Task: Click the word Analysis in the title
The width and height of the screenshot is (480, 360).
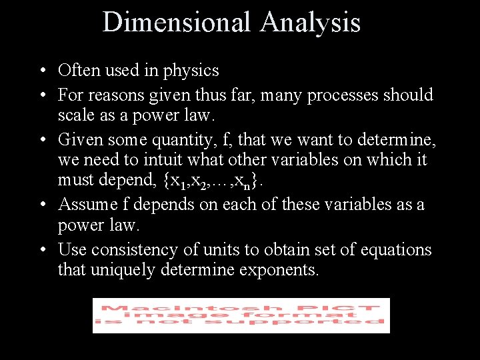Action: coord(310,22)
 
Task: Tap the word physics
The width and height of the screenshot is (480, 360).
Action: coord(191,70)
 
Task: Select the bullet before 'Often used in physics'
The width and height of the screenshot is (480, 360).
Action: coord(42,71)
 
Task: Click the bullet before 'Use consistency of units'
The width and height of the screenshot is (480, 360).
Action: coord(42,251)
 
